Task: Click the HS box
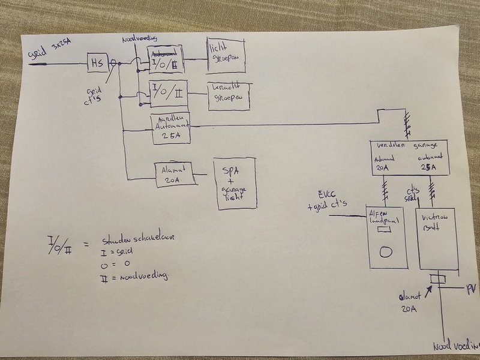[x=97, y=62]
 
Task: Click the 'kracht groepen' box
[x=227, y=96]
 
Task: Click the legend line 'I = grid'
[x=116, y=253]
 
